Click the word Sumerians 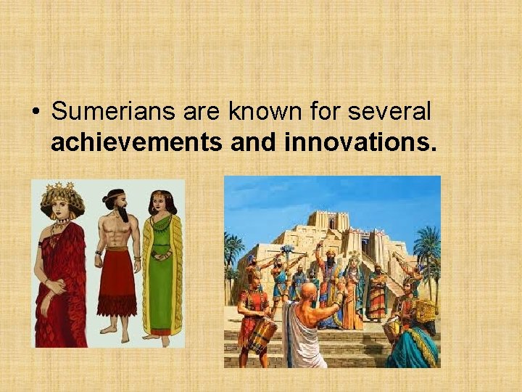click(102, 112)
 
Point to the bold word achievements click(136, 143)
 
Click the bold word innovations click(361, 143)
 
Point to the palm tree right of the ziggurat click(426, 247)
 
